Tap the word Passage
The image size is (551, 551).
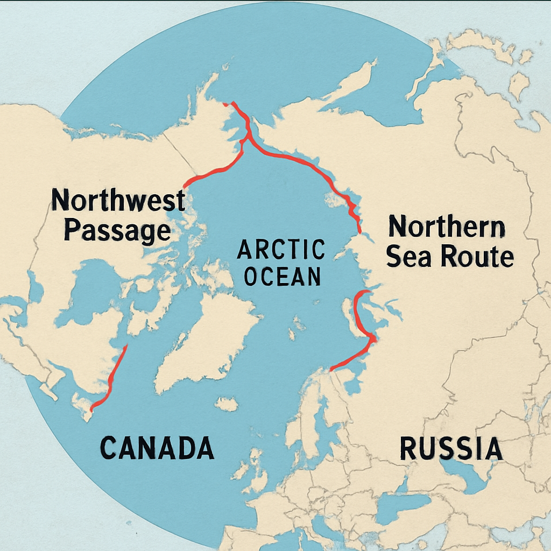pyautogui.click(x=117, y=230)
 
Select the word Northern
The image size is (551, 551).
pyautogui.click(x=447, y=227)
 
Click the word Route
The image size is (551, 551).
pyautogui.click(x=477, y=257)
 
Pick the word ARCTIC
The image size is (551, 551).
pyautogui.click(x=281, y=250)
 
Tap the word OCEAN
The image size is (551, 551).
pyautogui.click(x=281, y=277)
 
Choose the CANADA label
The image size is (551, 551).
pyautogui.click(x=157, y=448)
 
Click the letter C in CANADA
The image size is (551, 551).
pyautogui.click(x=109, y=448)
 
